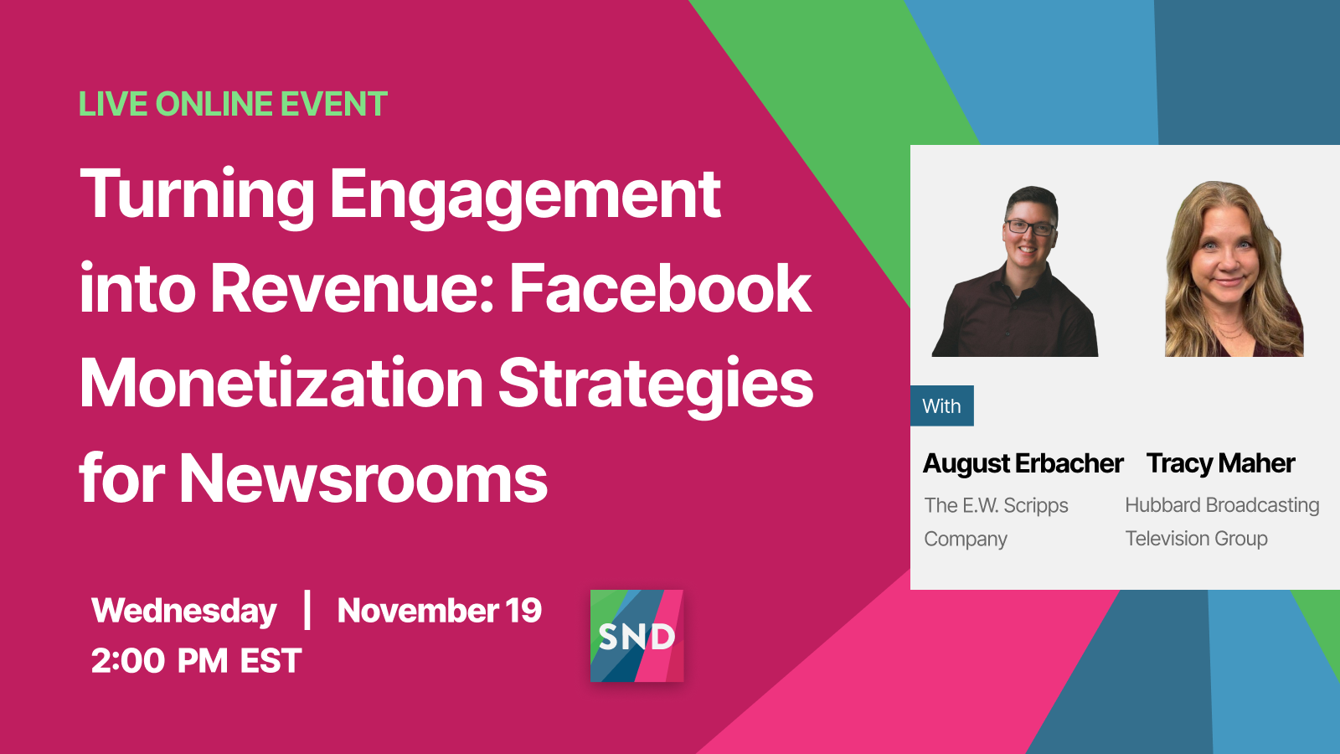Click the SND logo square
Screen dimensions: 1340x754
pyautogui.click(x=636, y=636)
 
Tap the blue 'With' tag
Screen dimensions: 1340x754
pyautogui.click(x=941, y=405)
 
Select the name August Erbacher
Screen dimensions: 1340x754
pyautogui.click(x=1023, y=463)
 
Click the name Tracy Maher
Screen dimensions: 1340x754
pyautogui.click(x=1220, y=463)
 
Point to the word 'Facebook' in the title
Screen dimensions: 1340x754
pyautogui.click(x=661, y=288)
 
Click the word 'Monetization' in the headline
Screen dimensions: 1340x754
pyautogui.click(x=281, y=383)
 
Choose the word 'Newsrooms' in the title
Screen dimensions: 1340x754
pyautogui.click(x=363, y=478)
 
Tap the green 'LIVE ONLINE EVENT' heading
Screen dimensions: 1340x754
pyautogui.click(x=234, y=104)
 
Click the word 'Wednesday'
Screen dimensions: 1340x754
pyautogui.click(x=183, y=611)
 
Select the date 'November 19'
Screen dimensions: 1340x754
pyautogui.click(x=440, y=611)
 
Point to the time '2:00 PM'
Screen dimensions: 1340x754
pyautogui.click(x=159, y=661)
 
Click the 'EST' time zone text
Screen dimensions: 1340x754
pyautogui.click(x=271, y=661)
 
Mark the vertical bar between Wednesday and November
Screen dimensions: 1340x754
pyautogui.click(x=307, y=611)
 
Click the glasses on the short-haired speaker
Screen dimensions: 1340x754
pyautogui.click(x=1029, y=227)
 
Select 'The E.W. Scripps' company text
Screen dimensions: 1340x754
pyautogui.click(x=996, y=506)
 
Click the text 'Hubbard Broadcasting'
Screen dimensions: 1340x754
pyautogui.click(x=1222, y=505)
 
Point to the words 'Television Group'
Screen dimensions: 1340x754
pyautogui.click(x=1197, y=539)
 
